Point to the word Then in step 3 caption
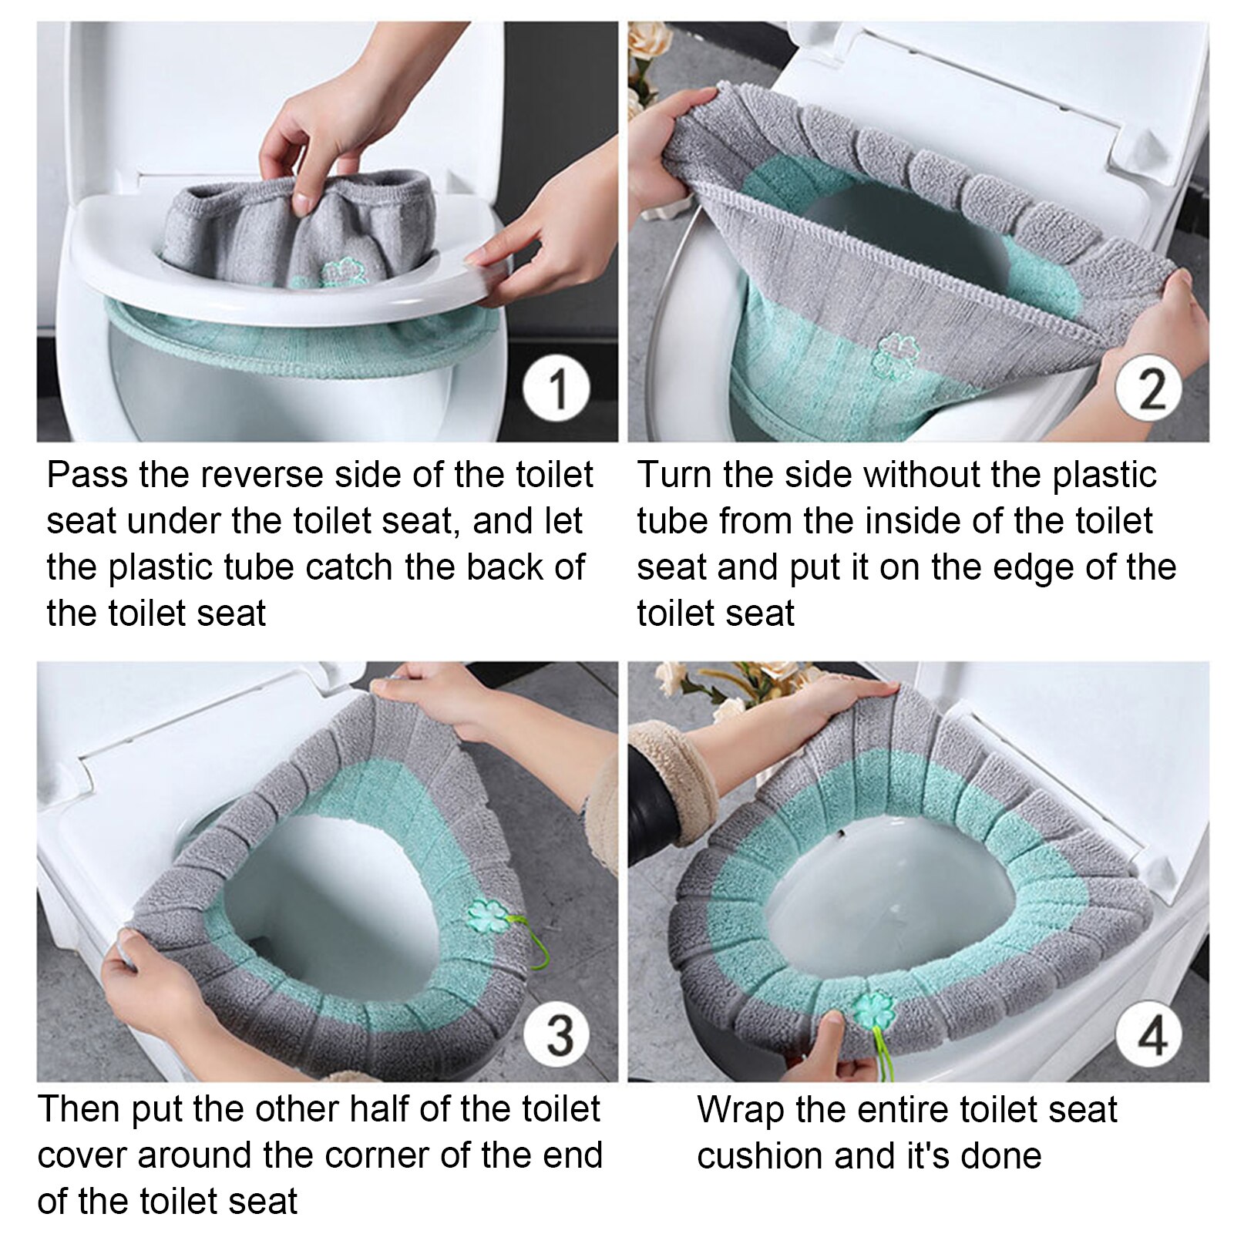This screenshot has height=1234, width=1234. click(78, 1110)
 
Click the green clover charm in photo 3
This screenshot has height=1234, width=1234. click(486, 915)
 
